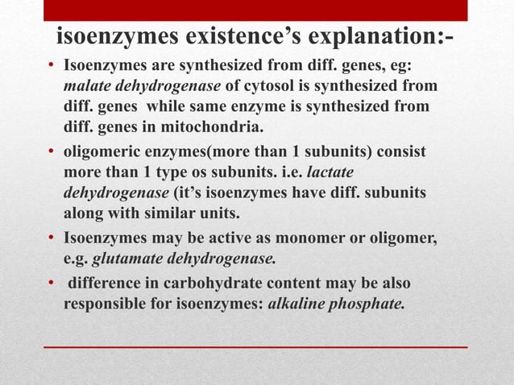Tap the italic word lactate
[x=332, y=173]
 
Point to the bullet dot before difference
[x=51, y=284]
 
